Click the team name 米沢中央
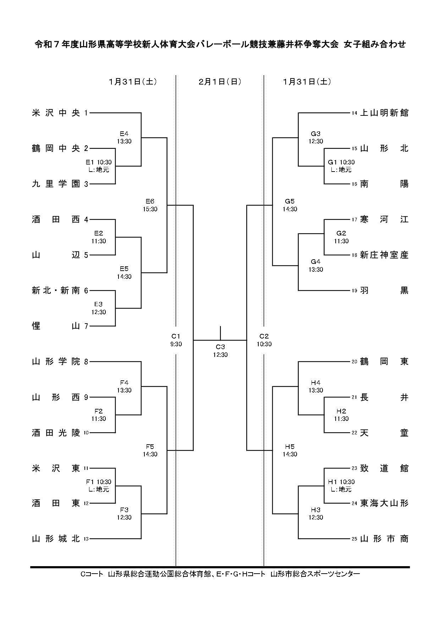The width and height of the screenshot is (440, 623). [56, 113]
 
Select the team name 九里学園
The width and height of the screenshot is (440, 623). [56, 184]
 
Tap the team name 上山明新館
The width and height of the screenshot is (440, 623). [384, 113]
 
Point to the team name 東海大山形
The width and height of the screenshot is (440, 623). [384, 503]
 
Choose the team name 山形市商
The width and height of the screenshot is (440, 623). [384, 539]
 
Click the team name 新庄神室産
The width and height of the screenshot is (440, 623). [384, 255]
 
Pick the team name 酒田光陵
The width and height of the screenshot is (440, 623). [56, 433]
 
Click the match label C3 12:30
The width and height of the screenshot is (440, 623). [220, 351]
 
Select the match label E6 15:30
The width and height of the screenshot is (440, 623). [150, 205]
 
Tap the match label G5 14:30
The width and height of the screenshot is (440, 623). [290, 205]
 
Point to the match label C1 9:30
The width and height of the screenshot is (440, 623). [176, 340]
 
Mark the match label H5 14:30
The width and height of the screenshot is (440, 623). [290, 450]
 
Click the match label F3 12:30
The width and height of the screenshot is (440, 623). [124, 514]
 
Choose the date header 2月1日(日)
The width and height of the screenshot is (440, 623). [220, 82]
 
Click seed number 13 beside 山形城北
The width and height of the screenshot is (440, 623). [86, 539]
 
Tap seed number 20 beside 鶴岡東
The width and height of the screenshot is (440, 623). [354, 362]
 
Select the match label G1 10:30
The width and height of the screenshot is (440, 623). [341, 166]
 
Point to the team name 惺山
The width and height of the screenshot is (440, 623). [56, 326]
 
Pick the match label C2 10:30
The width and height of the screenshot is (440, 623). [264, 340]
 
